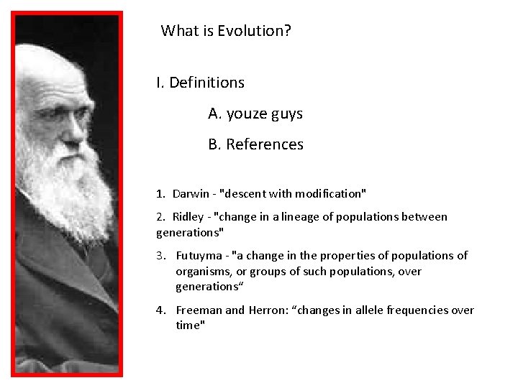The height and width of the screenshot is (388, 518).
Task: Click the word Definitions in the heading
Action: [x=206, y=83]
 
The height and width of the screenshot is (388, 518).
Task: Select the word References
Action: [x=265, y=144]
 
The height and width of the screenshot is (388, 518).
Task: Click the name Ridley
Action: [x=188, y=217]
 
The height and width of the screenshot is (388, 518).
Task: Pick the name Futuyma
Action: [x=199, y=256]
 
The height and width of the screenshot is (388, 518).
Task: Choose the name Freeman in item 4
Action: [x=199, y=310]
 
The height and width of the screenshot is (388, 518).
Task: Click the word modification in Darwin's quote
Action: [x=328, y=194]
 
